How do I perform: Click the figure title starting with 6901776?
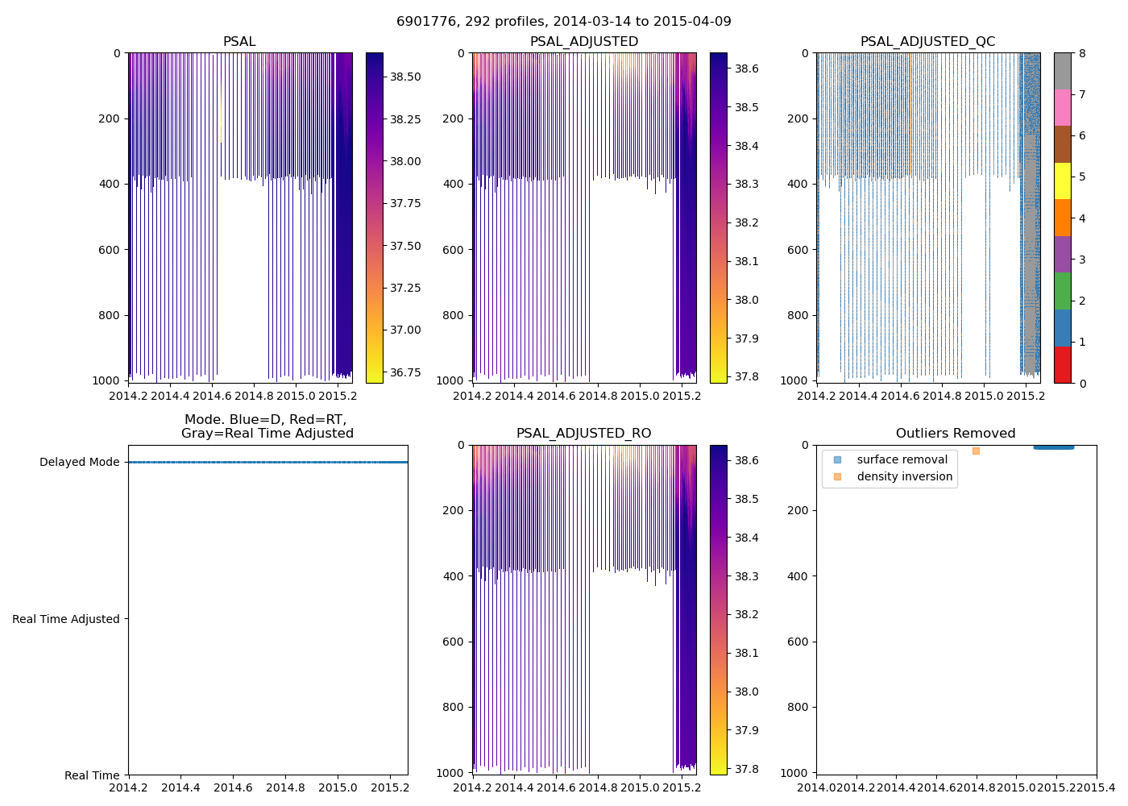click(x=563, y=22)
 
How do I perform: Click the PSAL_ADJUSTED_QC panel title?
click(x=927, y=42)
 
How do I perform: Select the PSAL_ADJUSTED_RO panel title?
click(x=583, y=434)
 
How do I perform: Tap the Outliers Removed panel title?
click(x=956, y=434)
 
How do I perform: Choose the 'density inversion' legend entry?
click(x=904, y=477)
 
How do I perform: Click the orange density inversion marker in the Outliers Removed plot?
click(x=976, y=451)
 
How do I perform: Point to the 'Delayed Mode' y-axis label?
click(x=79, y=463)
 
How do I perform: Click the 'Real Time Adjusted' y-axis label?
click(x=66, y=619)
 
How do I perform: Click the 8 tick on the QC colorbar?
click(x=1082, y=53)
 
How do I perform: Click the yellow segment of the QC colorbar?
click(x=1063, y=181)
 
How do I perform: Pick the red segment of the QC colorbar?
click(x=1063, y=364)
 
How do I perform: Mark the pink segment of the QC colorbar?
click(x=1063, y=107)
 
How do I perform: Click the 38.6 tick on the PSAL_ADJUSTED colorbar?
click(x=746, y=69)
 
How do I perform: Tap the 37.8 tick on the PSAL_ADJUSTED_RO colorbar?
click(x=746, y=769)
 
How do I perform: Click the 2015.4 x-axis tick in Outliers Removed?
click(x=1096, y=787)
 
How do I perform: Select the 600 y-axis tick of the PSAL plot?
click(x=111, y=250)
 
